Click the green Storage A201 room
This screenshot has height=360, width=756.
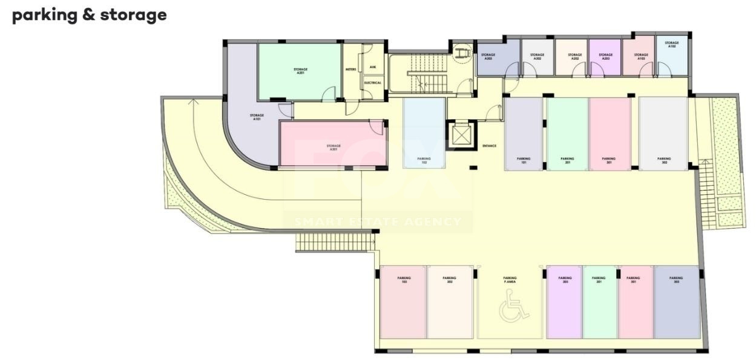[298, 71]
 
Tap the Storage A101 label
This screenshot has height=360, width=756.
[257, 117]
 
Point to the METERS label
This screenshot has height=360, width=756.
[350, 70]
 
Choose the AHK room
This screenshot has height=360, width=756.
[372, 67]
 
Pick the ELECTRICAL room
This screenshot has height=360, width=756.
[372, 83]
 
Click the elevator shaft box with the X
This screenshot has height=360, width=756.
[461, 135]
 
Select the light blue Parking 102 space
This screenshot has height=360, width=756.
[424, 133]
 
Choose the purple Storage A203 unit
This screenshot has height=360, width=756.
[605, 57]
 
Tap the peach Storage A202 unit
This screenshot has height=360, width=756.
[571, 57]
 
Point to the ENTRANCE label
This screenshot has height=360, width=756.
[489, 146]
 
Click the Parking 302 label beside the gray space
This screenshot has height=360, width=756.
[664, 160]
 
